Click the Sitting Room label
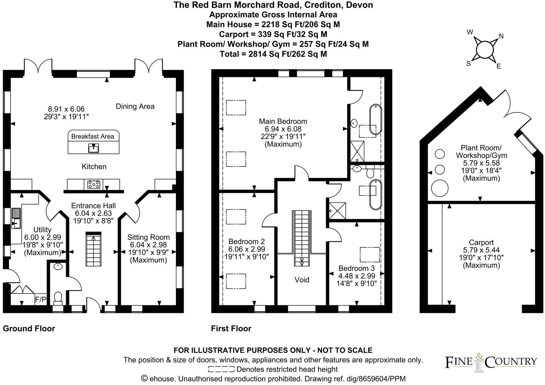point(148,237)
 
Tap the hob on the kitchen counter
point(94,184)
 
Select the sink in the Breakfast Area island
point(93,148)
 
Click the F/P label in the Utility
point(40,299)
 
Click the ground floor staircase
point(93,249)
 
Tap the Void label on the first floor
point(302,280)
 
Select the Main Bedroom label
point(283,121)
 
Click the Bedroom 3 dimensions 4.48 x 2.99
point(357,276)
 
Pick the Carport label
point(481,242)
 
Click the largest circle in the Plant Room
point(439,188)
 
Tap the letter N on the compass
point(501,36)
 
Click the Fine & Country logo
point(490,362)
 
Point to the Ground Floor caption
point(29,328)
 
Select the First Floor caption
point(231,328)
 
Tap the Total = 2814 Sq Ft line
point(273,54)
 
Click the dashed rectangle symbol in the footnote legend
point(221,369)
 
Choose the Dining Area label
point(135,106)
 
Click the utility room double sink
point(16,218)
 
